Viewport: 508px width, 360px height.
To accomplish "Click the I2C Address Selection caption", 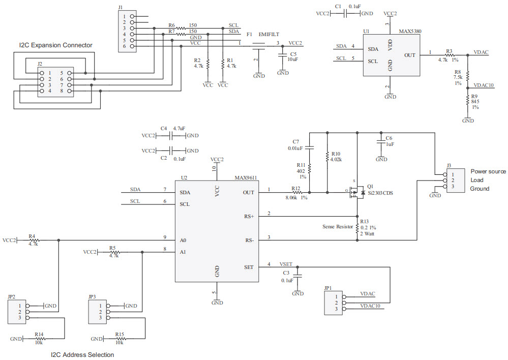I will pyautogui.click(x=82, y=354).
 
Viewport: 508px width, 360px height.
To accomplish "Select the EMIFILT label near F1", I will pyautogui.click(x=269, y=35).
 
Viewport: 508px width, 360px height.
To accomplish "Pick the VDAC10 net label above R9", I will pyautogui.click(x=484, y=85).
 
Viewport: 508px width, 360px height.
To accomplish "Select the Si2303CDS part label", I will pyautogui.click(x=380, y=194).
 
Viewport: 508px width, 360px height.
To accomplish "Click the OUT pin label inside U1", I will pyautogui.click(x=409, y=55).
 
